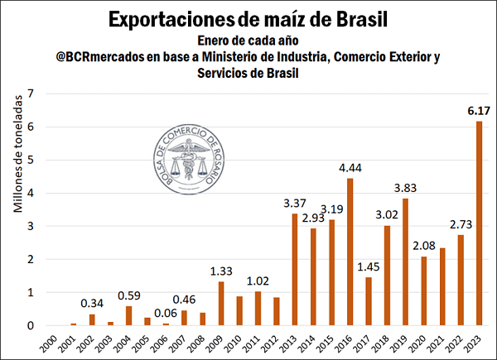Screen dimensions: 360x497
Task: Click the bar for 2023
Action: (x=479, y=223)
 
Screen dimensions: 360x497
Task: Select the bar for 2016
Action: (x=350, y=252)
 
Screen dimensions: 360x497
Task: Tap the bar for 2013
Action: (x=294, y=269)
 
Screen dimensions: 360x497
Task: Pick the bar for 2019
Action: (x=405, y=262)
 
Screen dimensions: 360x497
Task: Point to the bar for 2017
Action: (x=368, y=301)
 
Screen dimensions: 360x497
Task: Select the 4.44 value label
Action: (x=350, y=168)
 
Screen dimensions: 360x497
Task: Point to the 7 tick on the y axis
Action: (x=31, y=94)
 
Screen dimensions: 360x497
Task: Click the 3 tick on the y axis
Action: (x=31, y=226)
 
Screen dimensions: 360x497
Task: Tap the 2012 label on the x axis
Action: (x=276, y=341)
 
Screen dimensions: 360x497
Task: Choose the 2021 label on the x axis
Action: (x=442, y=341)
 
